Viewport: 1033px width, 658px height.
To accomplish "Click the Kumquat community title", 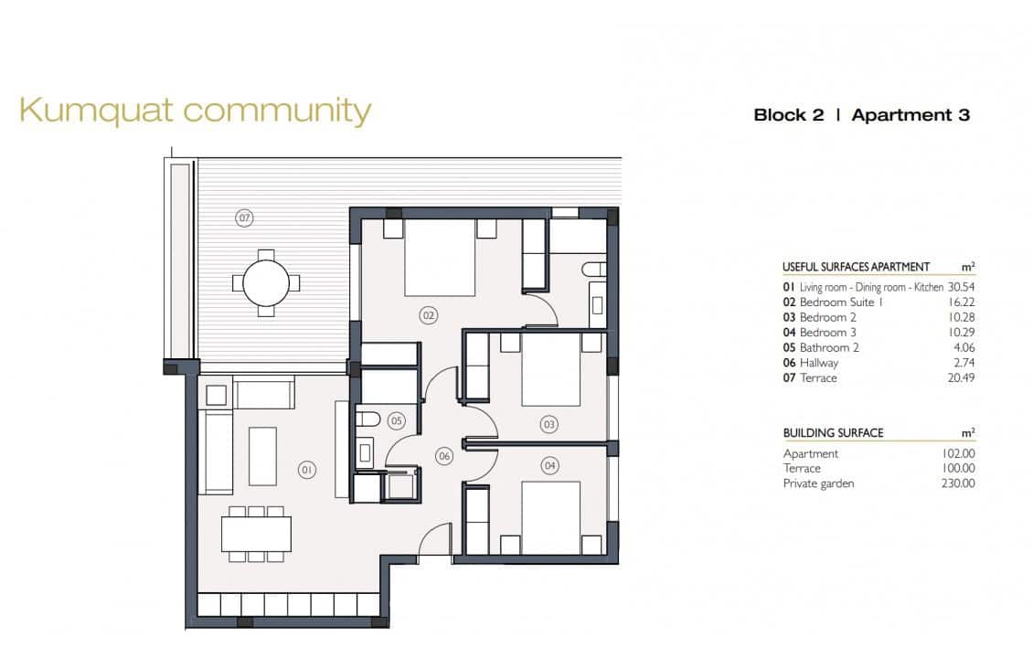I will click(x=195, y=111).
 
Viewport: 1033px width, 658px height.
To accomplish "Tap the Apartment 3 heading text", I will click(x=910, y=115).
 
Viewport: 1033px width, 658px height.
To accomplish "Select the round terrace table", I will click(x=266, y=283).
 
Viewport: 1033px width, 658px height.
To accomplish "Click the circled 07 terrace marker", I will click(x=244, y=218).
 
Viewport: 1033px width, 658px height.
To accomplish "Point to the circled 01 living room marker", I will click(x=307, y=469).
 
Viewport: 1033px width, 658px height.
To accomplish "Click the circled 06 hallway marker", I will click(x=444, y=455).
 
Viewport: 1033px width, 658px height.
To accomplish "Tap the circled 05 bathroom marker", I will click(x=396, y=421).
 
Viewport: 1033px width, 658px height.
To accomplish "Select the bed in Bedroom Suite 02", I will click(x=440, y=259).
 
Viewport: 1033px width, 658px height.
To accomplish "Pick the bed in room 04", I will click(x=550, y=517).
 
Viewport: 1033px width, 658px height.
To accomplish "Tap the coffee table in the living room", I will click(x=263, y=456).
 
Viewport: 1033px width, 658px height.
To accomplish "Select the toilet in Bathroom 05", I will click(x=368, y=419).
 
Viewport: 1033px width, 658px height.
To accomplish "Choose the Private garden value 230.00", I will click(x=957, y=483).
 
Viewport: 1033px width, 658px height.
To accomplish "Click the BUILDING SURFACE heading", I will click(x=833, y=433).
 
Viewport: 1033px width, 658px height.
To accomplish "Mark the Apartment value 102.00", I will click(x=957, y=453).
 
